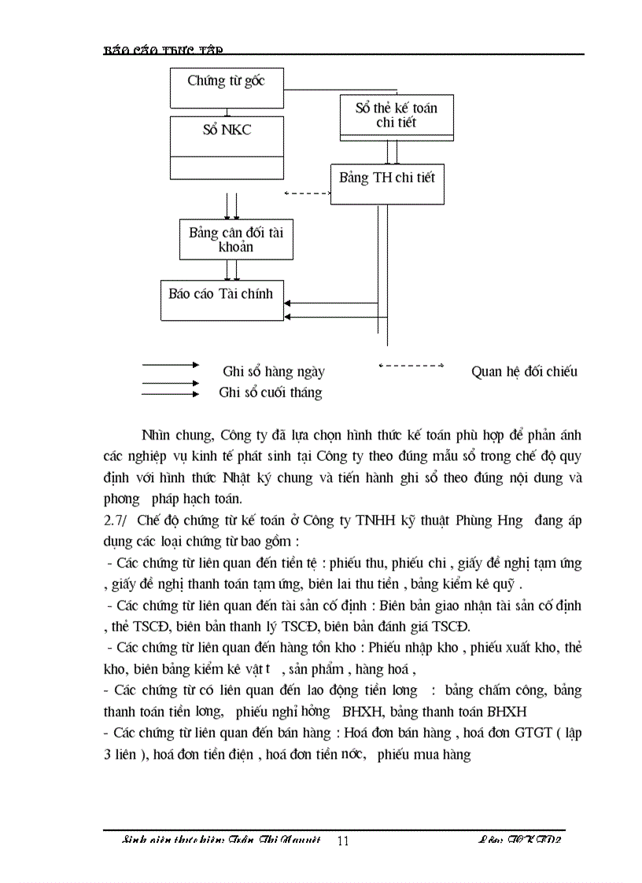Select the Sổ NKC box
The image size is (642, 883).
pyautogui.click(x=227, y=131)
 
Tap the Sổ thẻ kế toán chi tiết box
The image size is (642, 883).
pyautogui.click(x=396, y=116)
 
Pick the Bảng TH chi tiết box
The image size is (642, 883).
pyautogui.click(x=386, y=178)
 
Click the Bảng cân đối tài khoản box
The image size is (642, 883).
pyautogui.click(x=225, y=239)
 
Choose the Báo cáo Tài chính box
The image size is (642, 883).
pyautogui.click(x=222, y=299)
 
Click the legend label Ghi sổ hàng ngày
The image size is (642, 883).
pyautogui.click(x=273, y=372)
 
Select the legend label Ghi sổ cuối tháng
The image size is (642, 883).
pyautogui.click(x=270, y=392)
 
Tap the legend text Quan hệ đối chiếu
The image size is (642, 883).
pyautogui.click(x=524, y=371)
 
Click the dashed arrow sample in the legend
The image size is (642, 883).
pyautogui.click(x=411, y=366)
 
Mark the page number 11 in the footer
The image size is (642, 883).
pyautogui.click(x=343, y=841)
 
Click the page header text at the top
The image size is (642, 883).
pyautogui.click(x=164, y=50)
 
